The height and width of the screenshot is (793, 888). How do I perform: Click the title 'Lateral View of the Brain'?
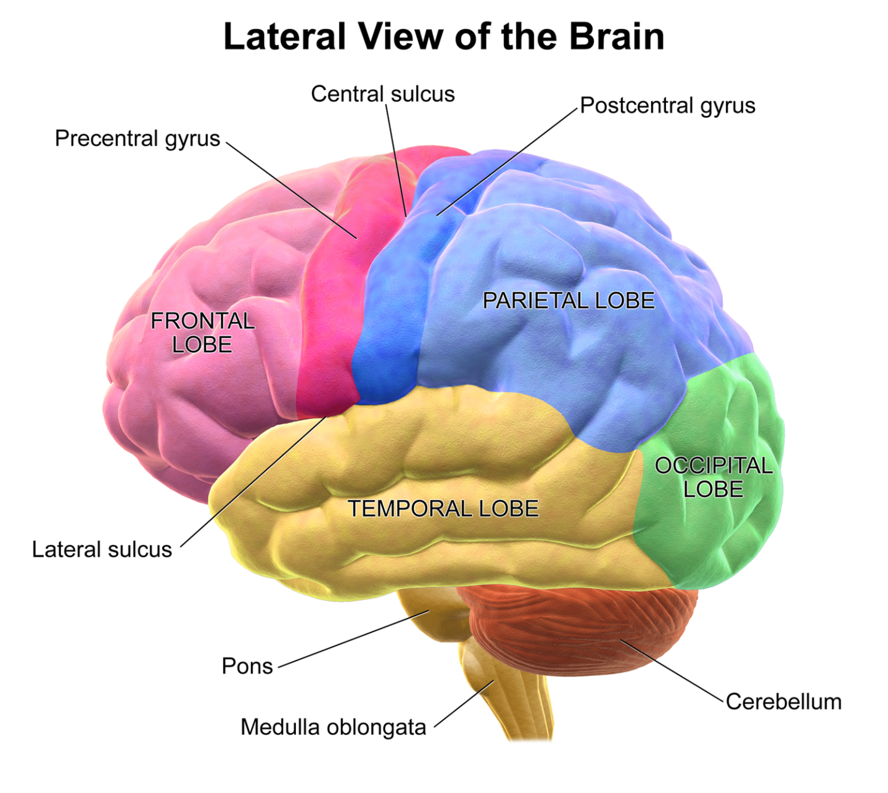[443, 37]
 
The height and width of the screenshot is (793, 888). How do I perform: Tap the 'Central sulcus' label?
[382, 94]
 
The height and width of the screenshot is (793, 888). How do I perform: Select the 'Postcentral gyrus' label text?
[667, 106]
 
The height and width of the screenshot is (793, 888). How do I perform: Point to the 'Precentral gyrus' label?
[137, 139]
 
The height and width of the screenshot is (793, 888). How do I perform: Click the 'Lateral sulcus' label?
[102, 549]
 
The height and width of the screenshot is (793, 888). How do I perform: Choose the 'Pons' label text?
[247, 667]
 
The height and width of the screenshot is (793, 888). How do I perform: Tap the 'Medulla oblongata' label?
[333, 728]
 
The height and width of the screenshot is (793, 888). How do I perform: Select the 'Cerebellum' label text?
[783, 702]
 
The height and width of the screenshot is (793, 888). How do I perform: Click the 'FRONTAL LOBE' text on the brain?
[202, 333]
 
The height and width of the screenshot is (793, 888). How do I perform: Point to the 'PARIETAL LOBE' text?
[568, 301]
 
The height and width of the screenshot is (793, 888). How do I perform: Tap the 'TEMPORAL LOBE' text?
[443, 509]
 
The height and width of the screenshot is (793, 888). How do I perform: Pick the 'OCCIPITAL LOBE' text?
[713, 477]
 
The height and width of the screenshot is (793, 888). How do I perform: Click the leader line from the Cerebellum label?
[672, 671]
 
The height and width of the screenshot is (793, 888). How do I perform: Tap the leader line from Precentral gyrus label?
[290, 189]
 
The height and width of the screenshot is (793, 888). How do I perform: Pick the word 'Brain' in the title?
[616, 37]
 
